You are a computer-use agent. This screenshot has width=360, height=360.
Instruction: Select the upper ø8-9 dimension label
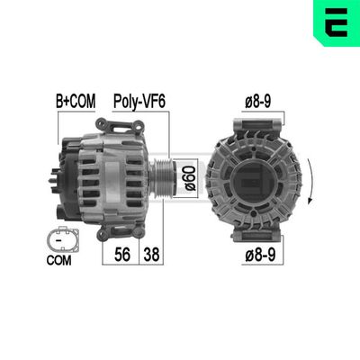point(259,103)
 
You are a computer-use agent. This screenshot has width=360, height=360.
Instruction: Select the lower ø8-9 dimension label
point(259,256)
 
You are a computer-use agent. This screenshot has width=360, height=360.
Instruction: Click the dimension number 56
point(122,255)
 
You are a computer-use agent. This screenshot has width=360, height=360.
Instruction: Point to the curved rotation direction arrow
point(311,180)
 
